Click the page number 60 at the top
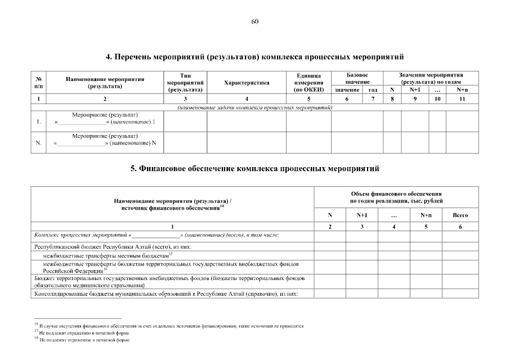[254, 21]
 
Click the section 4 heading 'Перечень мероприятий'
[254, 57]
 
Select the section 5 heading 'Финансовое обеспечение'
[254, 168]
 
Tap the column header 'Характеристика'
[247, 83]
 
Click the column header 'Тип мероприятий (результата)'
[185, 82]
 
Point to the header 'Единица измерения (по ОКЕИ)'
[308, 82]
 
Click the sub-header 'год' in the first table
[373, 90]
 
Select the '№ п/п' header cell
[38, 83]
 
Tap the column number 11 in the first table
[462, 99]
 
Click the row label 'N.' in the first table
[38, 143]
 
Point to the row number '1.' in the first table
[38, 121]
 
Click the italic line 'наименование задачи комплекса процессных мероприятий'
[254, 107]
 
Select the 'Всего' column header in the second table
[460, 215]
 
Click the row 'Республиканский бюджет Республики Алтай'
[113, 246]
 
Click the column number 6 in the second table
[460, 226]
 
